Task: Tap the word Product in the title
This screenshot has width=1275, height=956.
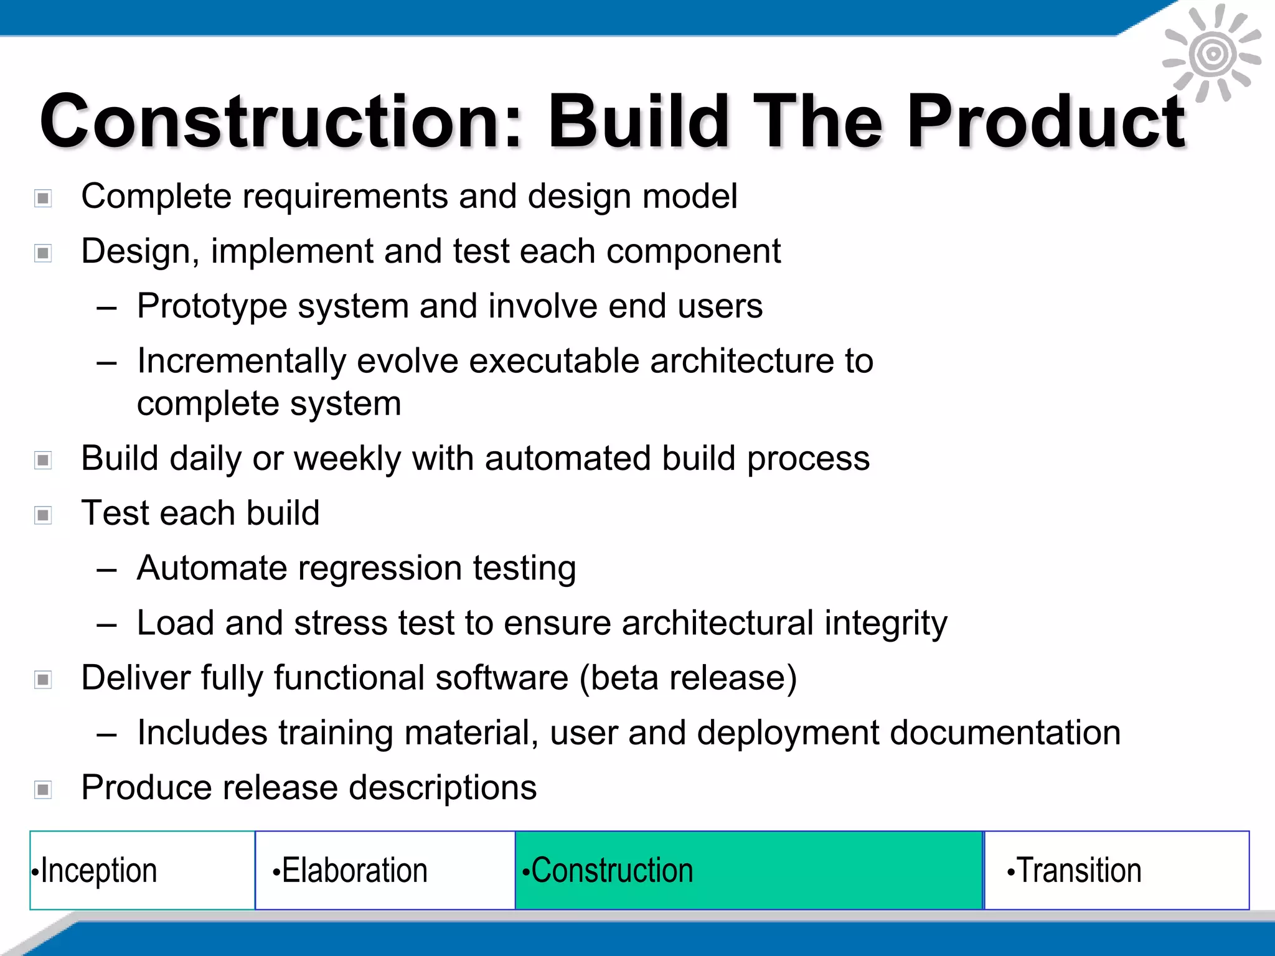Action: coord(1046,121)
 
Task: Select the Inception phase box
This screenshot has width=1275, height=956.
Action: coord(142,870)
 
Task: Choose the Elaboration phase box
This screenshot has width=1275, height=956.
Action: coord(385,870)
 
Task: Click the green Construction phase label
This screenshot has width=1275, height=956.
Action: coord(608,870)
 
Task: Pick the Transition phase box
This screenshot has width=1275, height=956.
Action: coord(1117,870)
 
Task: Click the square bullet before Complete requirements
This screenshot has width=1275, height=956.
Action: coord(43,199)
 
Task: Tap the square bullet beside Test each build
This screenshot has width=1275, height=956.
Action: coord(43,515)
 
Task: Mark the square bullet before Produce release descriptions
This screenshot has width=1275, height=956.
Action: coord(43,790)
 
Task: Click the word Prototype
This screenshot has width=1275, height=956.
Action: coord(212,307)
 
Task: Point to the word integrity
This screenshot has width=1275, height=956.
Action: coord(885,624)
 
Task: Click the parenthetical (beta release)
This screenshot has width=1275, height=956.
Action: coord(688,678)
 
